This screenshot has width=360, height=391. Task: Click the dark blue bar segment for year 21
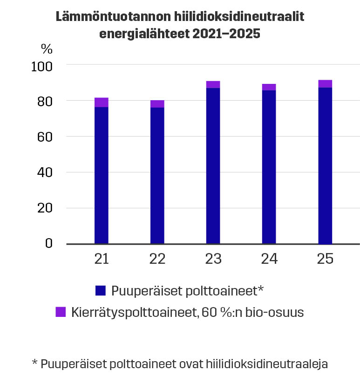[x=101, y=175]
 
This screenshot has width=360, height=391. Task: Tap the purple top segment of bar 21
[x=101, y=103]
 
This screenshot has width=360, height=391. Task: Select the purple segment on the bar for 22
[x=157, y=104]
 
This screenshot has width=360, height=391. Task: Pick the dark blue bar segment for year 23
[x=213, y=165]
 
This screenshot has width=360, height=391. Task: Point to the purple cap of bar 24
[x=269, y=87]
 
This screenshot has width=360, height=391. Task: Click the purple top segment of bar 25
[x=325, y=84]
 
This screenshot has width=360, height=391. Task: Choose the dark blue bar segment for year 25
[x=325, y=165]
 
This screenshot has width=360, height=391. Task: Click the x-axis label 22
[x=157, y=259]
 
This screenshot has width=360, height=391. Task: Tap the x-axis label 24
[x=269, y=259]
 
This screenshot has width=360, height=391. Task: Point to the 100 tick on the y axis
[x=42, y=66]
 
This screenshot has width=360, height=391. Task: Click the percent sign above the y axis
[x=47, y=48]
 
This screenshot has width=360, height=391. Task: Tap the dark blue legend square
[x=101, y=291]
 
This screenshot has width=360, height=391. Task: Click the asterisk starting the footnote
[x=34, y=363]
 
